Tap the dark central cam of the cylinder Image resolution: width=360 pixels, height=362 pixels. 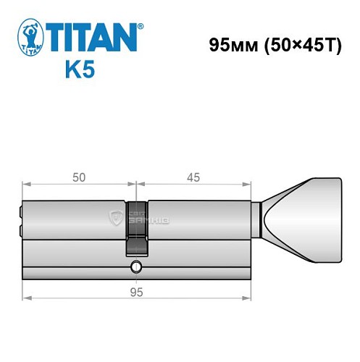pos(136,224)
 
